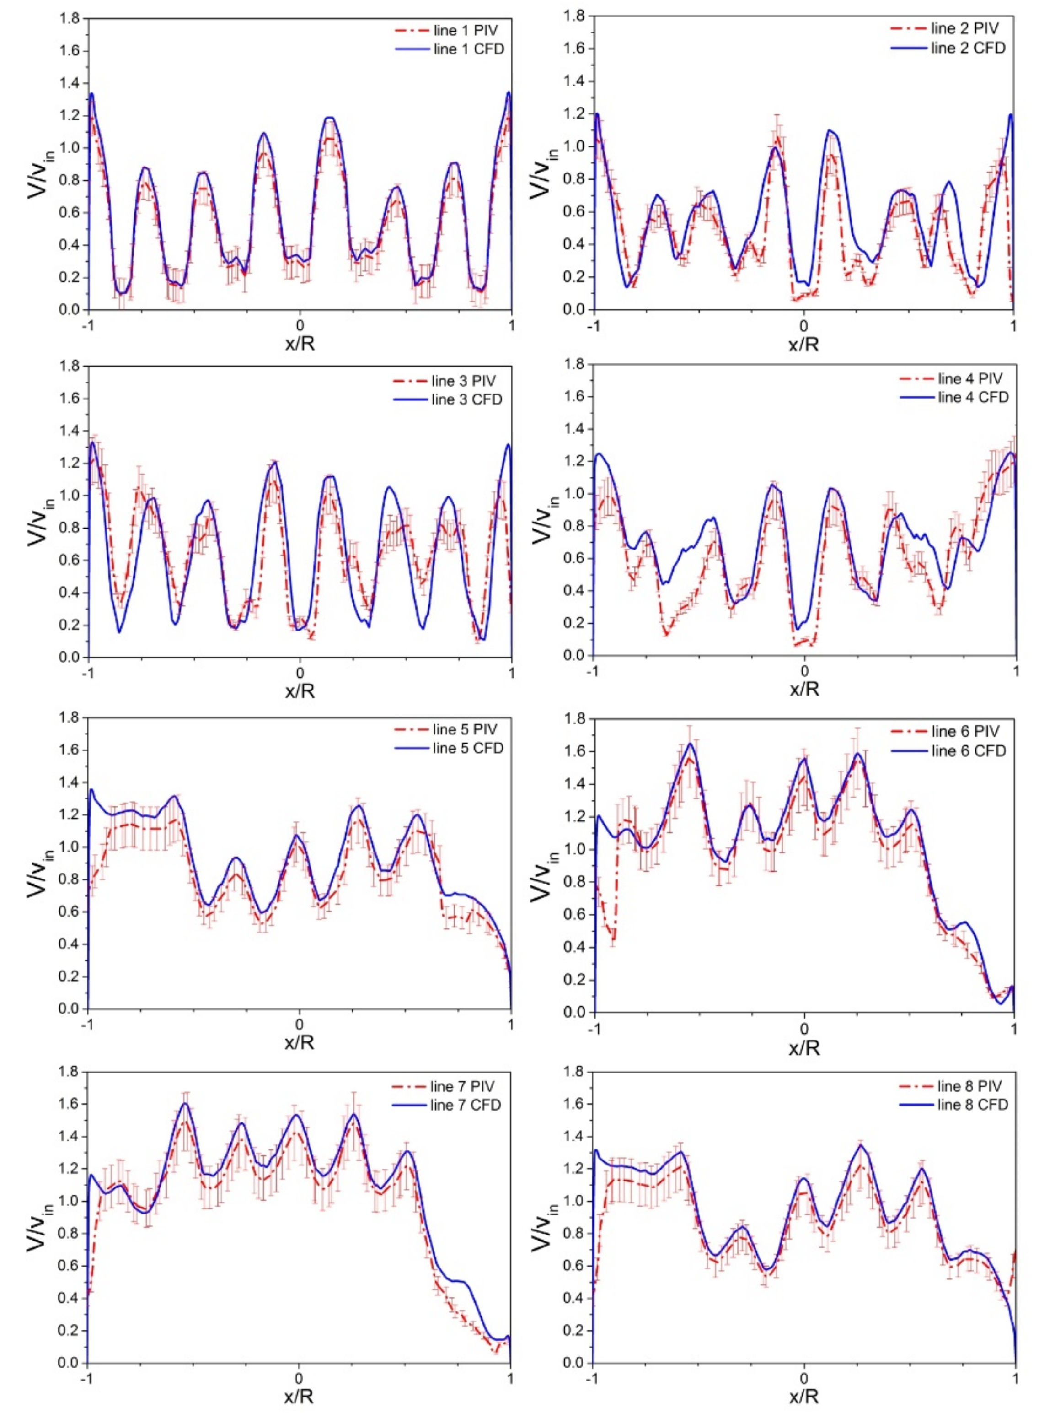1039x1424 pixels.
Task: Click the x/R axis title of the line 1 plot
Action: [x=300, y=344]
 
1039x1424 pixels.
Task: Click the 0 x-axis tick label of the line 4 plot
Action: [x=804, y=671]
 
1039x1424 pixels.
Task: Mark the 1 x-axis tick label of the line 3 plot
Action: [x=511, y=673]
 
